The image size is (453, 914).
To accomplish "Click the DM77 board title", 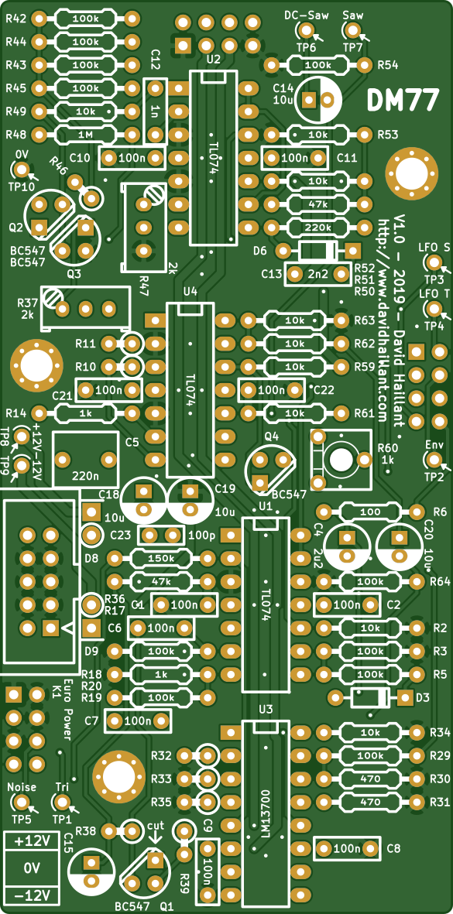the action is (402, 101).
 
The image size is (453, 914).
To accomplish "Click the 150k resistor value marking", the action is (161, 559).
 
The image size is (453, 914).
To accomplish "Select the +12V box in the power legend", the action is (32, 842).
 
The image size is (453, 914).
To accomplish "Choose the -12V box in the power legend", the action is (32, 894).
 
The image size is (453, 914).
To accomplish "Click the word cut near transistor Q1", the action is (156, 826).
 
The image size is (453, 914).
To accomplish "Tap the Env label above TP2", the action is (434, 445).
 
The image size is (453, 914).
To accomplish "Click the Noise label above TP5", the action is (22, 787).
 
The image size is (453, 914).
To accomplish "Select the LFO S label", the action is (434, 248).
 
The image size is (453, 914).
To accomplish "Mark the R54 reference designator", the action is (388, 65).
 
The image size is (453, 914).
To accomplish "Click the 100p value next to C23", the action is (202, 535).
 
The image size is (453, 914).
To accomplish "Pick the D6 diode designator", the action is (260, 252).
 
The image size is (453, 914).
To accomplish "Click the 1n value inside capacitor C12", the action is (155, 111).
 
